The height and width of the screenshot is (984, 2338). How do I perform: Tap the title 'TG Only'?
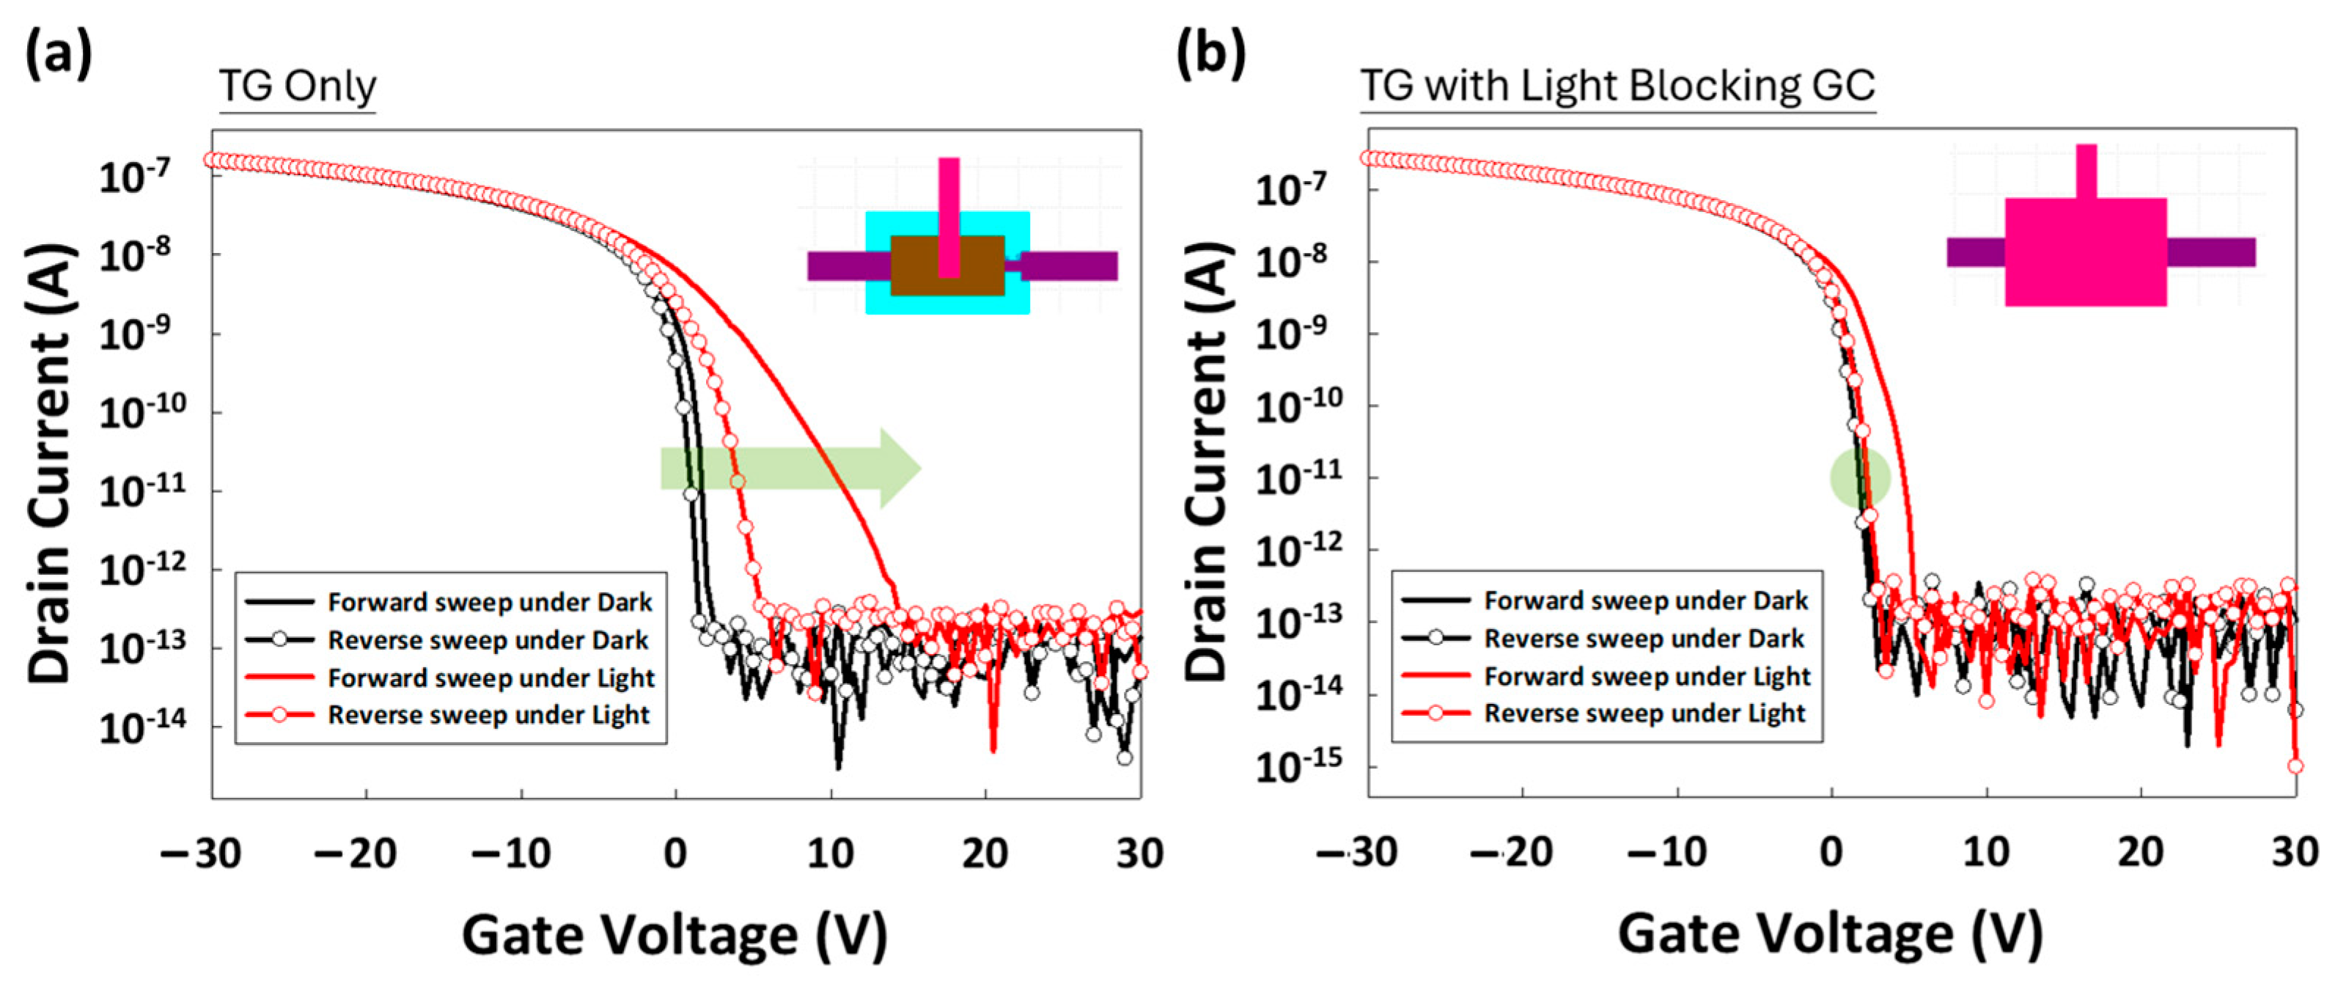tap(298, 87)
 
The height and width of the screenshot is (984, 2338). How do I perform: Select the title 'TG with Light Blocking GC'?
tap(1617, 87)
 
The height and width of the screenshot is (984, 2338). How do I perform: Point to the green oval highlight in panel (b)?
tap(1859, 477)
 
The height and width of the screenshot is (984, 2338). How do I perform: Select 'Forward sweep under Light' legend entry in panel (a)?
tap(490, 678)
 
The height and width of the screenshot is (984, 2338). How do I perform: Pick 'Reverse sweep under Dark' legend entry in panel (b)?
tap(1643, 638)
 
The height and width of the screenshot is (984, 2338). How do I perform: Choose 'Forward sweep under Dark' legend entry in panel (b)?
tap(1645, 600)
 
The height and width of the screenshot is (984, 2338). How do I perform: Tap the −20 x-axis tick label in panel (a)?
tap(355, 854)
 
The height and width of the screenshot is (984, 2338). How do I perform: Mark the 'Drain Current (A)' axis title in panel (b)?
tap(1207, 463)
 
